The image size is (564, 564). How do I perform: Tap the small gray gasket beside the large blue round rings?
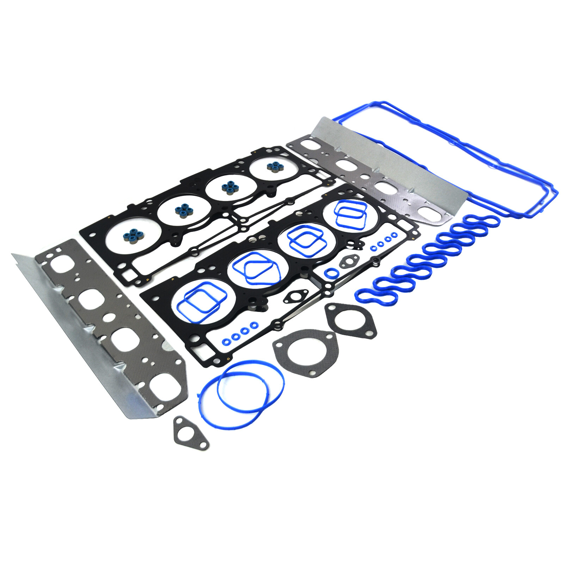point(191,433)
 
